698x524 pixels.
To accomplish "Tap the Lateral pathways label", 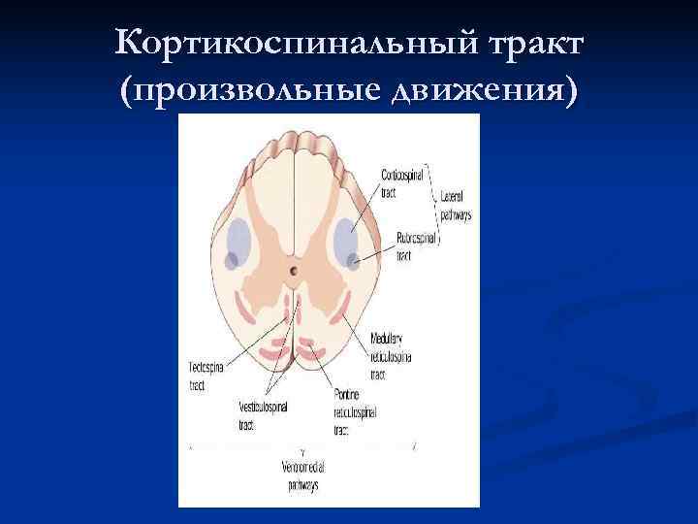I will pyautogui.click(x=456, y=206).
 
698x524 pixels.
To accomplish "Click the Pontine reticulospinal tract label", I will pyautogui.click(x=355, y=413).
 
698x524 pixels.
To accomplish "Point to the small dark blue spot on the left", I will pyautogui.click(x=232, y=260).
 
